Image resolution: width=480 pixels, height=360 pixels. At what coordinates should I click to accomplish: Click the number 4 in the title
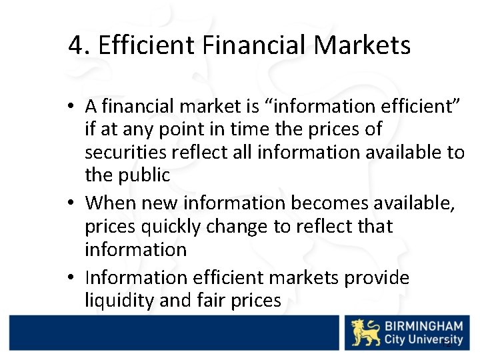coord(75,45)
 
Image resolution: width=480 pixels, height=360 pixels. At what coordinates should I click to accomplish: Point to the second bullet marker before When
coord(77,202)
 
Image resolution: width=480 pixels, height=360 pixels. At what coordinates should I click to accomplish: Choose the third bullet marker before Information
coord(77,277)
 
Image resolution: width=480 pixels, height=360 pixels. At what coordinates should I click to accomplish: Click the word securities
coord(125,153)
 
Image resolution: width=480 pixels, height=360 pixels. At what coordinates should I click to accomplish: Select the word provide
coord(377,277)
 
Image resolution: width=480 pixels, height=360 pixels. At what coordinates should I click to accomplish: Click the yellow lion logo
coord(366,333)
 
